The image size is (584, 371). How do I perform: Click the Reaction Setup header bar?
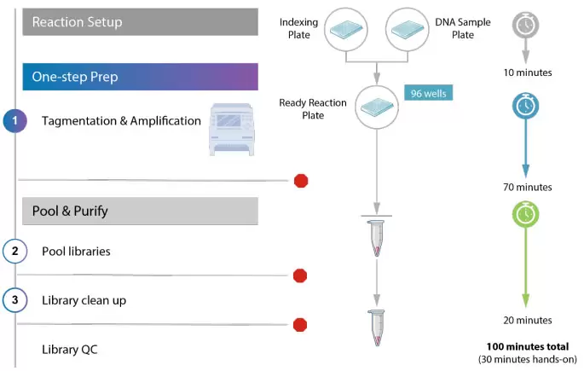[x=141, y=21]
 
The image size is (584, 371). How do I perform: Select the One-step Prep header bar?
[x=141, y=76]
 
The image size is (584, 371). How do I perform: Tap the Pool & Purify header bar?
[x=141, y=211]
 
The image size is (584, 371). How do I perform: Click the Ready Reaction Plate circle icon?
[x=379, y=107]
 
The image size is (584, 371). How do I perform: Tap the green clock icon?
[x=525, y=212]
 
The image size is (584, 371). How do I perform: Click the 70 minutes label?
[x=529, y=187]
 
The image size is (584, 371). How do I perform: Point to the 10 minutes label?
[x=529, y=72]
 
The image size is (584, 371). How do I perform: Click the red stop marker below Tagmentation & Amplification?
[x=300, y=180]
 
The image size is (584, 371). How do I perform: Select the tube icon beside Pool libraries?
[x=378, y=239]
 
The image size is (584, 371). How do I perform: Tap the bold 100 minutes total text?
[x=529, y=347]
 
